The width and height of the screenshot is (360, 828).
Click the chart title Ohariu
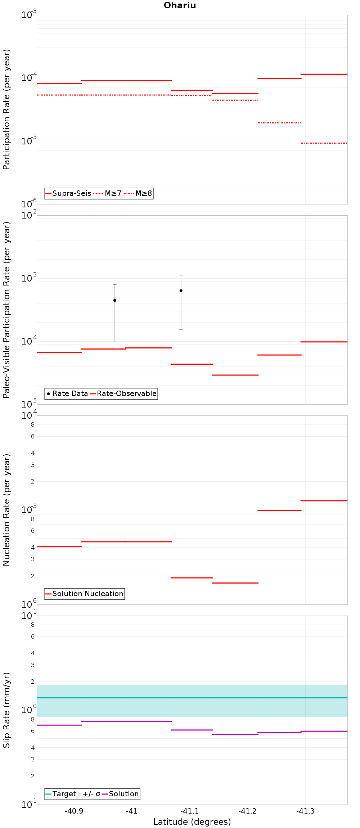(x=180, y=5)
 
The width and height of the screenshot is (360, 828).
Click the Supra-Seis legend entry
(x=68, y=193)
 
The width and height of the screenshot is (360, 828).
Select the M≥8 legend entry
(x=138, y=193)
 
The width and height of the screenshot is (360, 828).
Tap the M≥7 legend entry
(x=107, y=193)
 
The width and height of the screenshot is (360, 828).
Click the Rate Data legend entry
(x=67, y=393)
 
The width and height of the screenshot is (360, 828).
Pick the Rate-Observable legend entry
(x=123, y=393)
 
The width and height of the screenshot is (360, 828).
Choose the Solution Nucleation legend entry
(x=85, y=594)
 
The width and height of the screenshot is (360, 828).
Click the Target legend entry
(x=61, y=794)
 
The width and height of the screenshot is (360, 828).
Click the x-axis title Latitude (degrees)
(x=192, y=822)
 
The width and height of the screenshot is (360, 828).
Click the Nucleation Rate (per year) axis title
(x=6, y=510)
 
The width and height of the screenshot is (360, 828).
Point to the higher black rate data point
(x=181, y=291)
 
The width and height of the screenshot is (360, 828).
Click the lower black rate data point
(x=115, y=300)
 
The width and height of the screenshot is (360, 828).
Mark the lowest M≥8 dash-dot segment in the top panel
(x=324, y=143)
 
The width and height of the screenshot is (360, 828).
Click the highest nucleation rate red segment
(x=324, y=500)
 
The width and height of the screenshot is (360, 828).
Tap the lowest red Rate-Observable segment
(x=235, y=375)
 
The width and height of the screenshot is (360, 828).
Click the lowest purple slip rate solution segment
(x=235, y=734)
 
